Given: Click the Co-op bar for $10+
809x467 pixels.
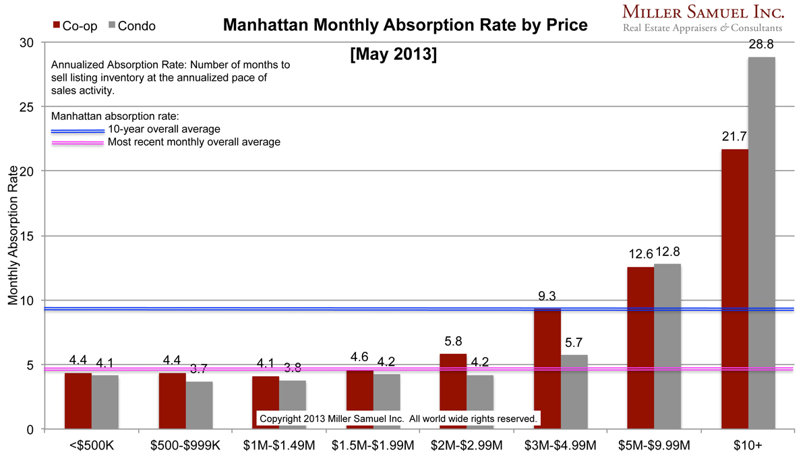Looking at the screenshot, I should pos(734,290).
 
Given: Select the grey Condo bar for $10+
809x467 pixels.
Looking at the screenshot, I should pos(761,243).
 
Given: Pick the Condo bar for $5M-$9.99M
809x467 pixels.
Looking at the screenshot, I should pos(667,346).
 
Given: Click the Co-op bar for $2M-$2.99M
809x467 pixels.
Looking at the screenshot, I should pos(453,392).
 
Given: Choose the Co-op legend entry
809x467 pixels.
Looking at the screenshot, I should pos(75,26).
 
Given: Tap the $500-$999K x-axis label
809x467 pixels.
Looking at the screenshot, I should pos(186,445).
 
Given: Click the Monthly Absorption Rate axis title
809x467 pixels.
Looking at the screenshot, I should pos(13,236).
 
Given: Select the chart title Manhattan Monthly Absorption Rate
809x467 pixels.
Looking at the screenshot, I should pos(404,26).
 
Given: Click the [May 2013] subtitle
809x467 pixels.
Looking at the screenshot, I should pos(394,54).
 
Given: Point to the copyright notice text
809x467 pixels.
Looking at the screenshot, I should pos(398,418).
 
